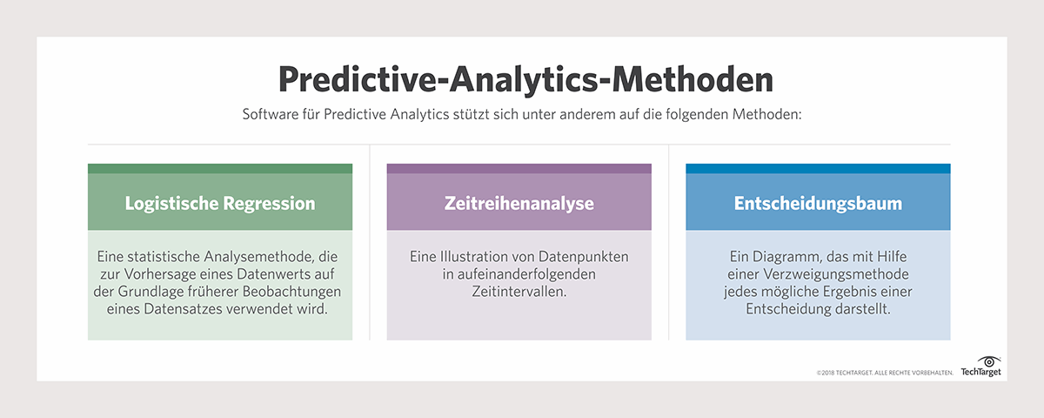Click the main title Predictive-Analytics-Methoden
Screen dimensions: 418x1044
click(x=525, y=79)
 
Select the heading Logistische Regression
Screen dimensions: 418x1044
click(x=220, y=204)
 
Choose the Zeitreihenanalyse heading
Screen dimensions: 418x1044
click(x=519, y=204)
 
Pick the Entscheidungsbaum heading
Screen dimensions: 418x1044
click(x=818, y=204)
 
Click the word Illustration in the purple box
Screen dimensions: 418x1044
click(x=473, y=257)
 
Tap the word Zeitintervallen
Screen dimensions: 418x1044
click(x=519, y=292)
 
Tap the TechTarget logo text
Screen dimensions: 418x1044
click(x=981, y=373)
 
